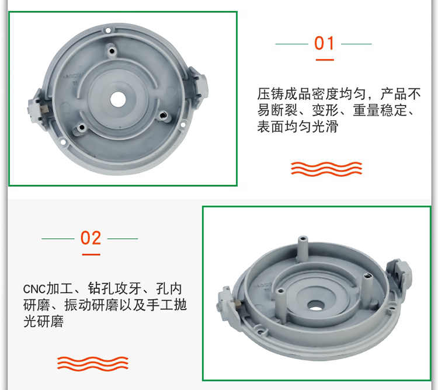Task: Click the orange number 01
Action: tap(324, 43)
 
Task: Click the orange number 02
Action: tap(91, 238)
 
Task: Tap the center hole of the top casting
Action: tap(118, 99)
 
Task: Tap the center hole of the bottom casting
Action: tap(315, 306)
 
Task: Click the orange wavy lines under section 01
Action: tap(326, 169)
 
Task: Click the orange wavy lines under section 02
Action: tap(93, 364)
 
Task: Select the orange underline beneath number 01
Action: tap(325, 60)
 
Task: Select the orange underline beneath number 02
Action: tap(91, 255)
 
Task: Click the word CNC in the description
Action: tap(34, 289)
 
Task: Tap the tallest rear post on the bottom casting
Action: tap(303, 249)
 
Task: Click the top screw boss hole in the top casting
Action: tap(112, 51)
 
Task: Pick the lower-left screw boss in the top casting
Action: tap(81, 128)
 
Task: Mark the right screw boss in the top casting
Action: tap(163, 115)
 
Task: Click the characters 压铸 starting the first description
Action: tap(270, 94)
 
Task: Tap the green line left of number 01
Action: tap(291, 44)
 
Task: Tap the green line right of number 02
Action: tap(123, 239)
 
